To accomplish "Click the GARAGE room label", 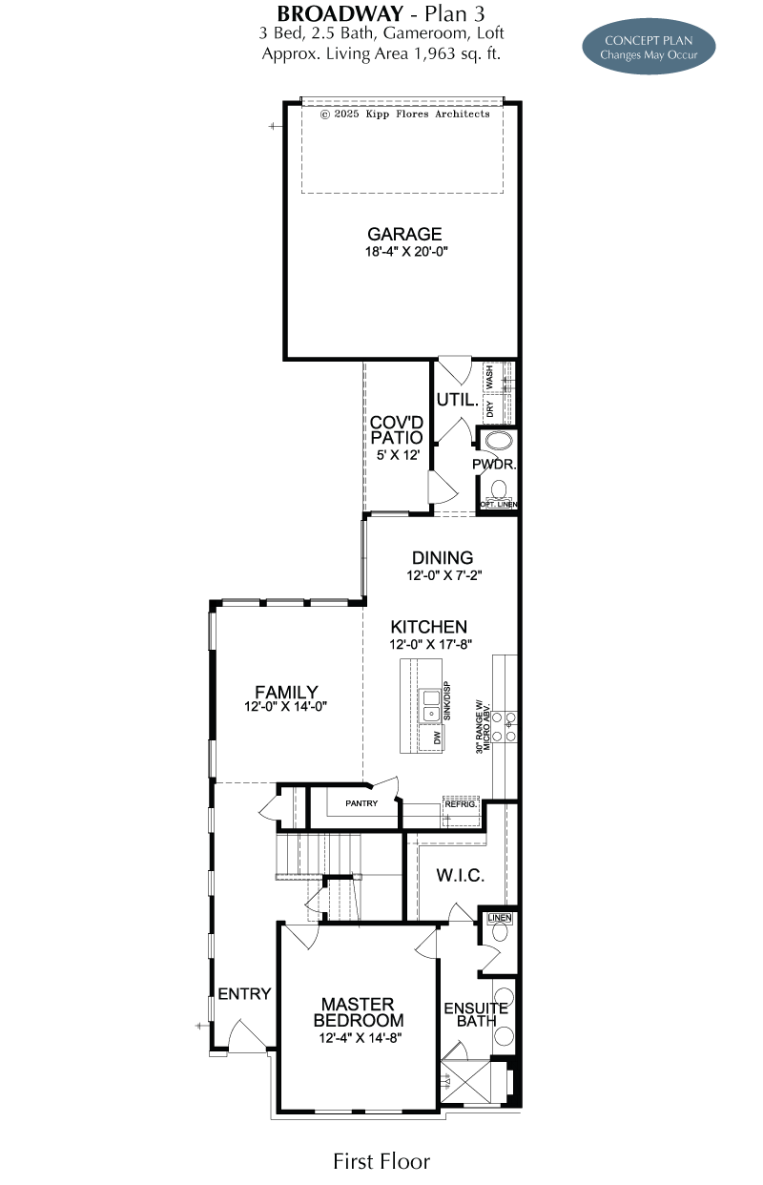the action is click(x=404, y=234).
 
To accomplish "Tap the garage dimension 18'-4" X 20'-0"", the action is click(x=406, y=251).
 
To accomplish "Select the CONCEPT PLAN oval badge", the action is click(x=649, y=47).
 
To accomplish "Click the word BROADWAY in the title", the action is click(x=340, y=13).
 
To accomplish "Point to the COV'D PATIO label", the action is click(x=397, y=429).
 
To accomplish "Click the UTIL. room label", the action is click(x=458, y=400).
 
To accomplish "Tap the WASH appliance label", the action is click(x=489, y=376).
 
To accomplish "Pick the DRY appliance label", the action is click(x=490, y=408).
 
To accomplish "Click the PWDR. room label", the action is click(x=494, y=464).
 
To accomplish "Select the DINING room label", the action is click(x=443, y=557).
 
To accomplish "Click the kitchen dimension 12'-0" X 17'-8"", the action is click(x=430, y=644).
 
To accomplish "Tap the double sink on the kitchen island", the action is click(x=430, y=706).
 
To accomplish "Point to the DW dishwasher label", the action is click(x=437, y=738).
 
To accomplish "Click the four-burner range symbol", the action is click(x=504, y=726).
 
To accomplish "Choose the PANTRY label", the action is click(x=361, y=803).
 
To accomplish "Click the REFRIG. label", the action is click(x=461, y=804).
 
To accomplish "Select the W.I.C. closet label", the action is click(x=460, y=876).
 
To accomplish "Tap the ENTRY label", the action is click(x=244, y=993).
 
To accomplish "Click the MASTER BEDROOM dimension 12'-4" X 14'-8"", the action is click(x=361, y=1037).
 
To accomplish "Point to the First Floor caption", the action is click(x=381, y=1161).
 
